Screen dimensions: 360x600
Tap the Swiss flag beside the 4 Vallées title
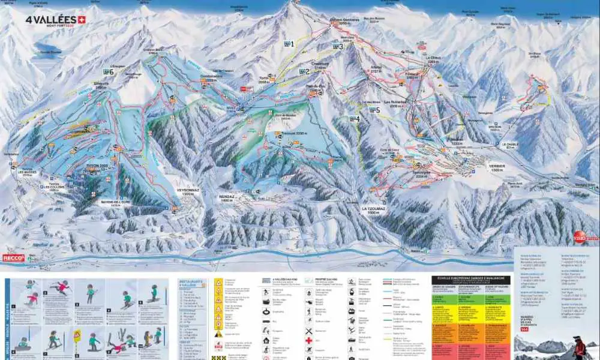(81, 19)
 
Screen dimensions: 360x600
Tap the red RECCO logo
(13, 258)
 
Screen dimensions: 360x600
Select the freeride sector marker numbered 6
(108, 71)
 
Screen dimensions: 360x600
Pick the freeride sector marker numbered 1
(289, 44)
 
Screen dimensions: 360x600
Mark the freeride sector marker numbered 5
(375, 110)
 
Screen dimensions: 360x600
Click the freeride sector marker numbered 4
(355, 119)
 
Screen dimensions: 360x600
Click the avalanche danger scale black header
(470, 280)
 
